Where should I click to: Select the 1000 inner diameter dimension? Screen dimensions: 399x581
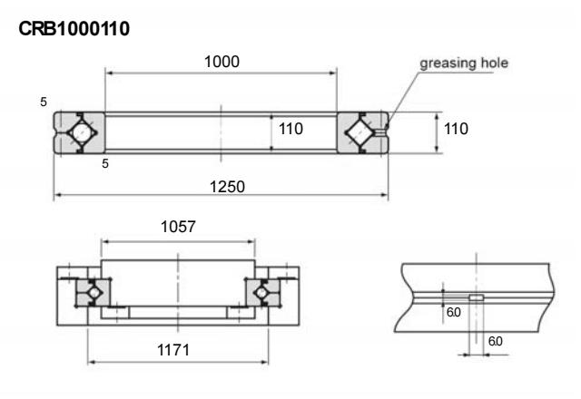coord(221,62)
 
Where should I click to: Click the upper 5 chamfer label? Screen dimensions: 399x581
coord(44,101)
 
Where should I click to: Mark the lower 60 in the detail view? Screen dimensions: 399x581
coord(494,342)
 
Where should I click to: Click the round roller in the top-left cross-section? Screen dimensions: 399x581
coord(82,132)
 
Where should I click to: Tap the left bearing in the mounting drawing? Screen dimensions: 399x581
coord(90,292)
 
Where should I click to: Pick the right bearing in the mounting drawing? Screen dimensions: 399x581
coord(263,292)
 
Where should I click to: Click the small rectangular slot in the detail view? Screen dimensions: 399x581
coord(475,297)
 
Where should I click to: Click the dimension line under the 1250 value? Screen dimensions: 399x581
coord(221,195)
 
